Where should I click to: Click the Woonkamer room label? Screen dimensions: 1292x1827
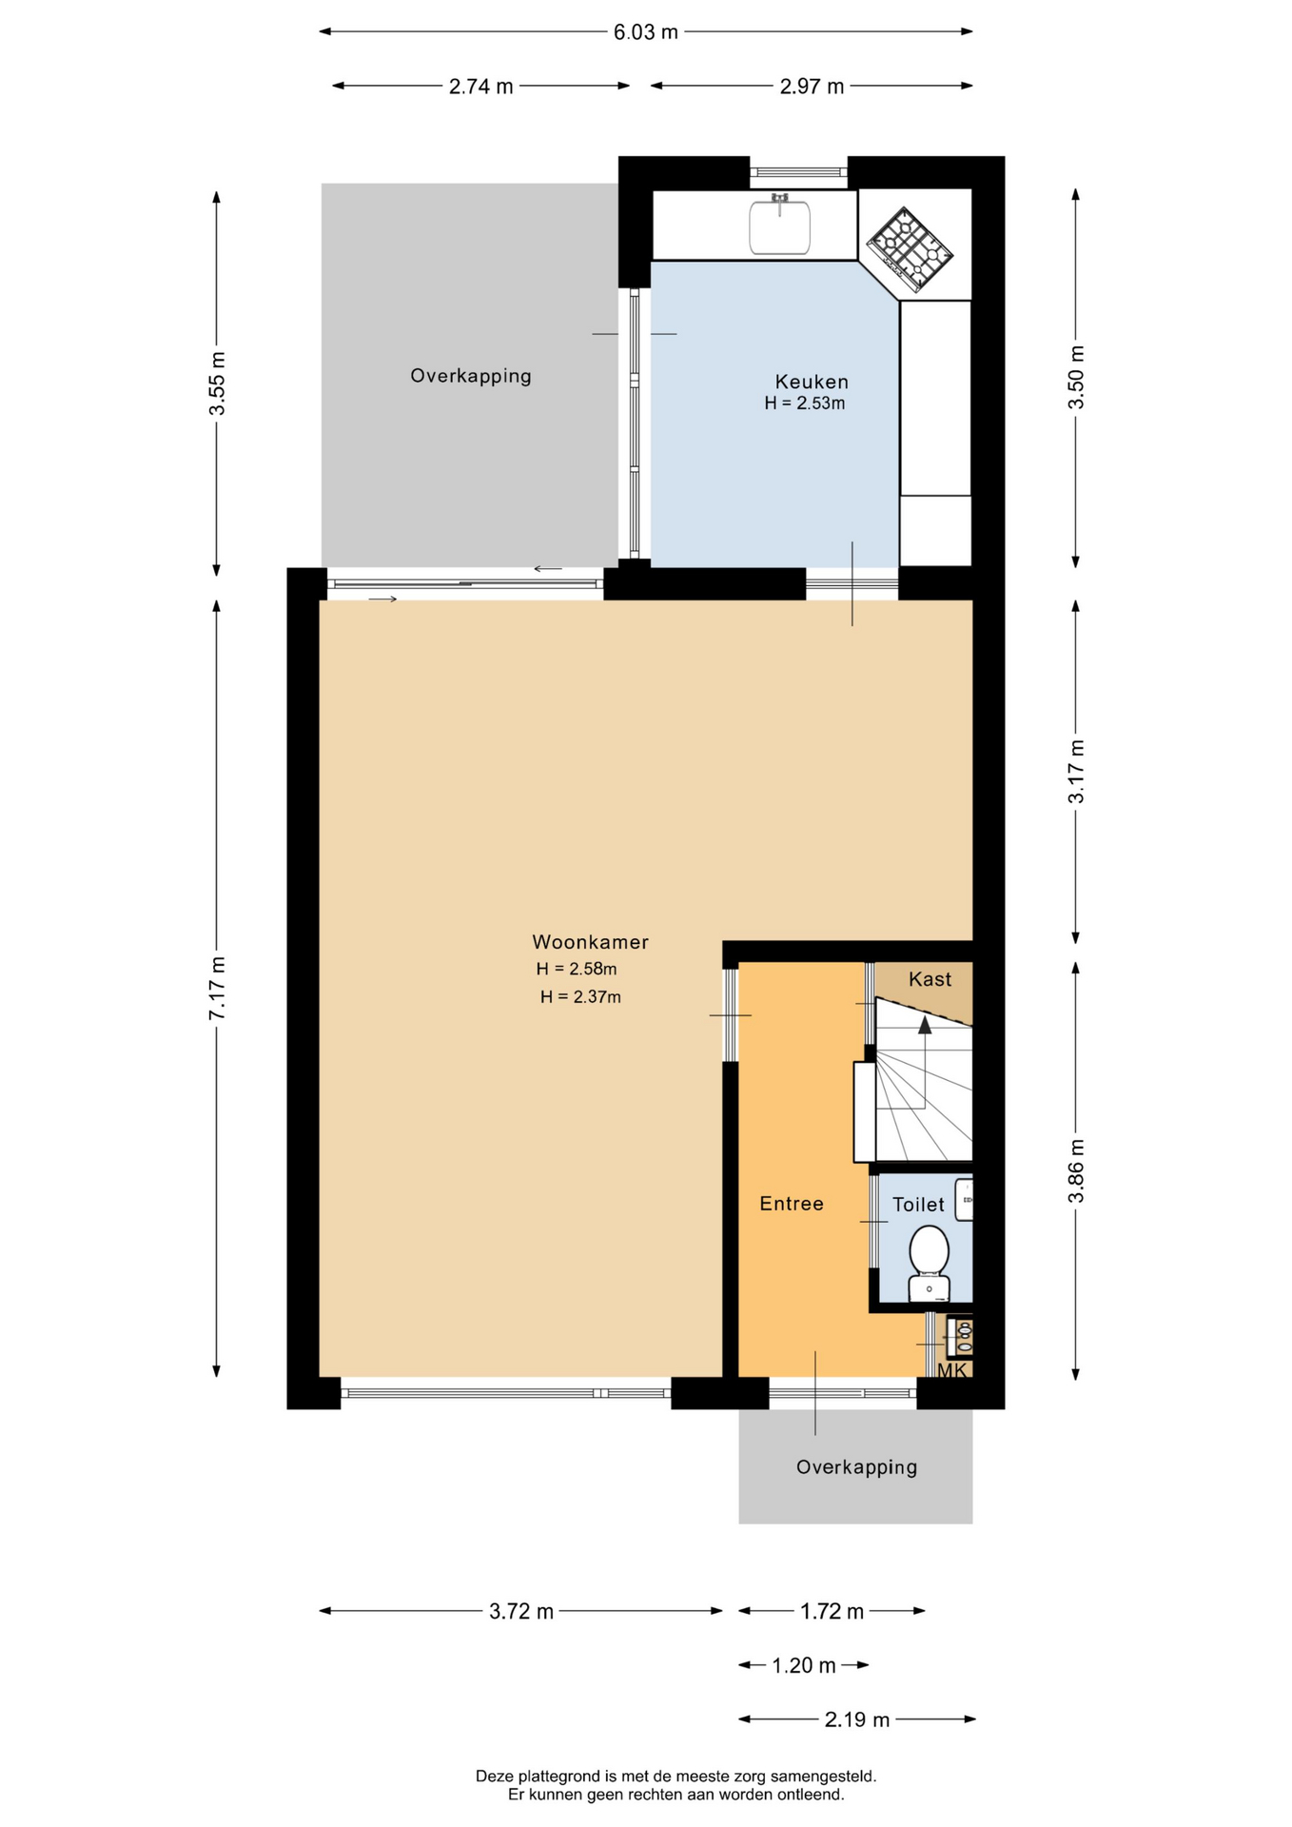[x=590, y=942]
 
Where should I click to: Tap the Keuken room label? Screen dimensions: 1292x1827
[x=812, y=382]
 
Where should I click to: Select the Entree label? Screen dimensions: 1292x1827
[x=792, y=1204]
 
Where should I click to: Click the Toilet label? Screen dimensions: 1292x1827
[x=918, y=1205]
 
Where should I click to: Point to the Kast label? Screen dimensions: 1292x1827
[x=930, y=979]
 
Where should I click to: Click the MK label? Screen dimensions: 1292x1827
[x=952, y=1370]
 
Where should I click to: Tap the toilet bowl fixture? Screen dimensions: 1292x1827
[x=929, y=1263]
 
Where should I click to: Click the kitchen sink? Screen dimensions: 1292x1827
[x=779, y=225]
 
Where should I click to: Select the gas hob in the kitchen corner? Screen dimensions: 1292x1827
[x=910, y=249]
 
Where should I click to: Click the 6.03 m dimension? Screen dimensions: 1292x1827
[x=646, y=31]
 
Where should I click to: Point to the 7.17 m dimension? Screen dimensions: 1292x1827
[x=217, y=988]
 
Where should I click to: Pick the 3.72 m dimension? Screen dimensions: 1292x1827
[x=521, y=1611]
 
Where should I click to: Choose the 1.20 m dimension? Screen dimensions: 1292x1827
[x=804, y=1665]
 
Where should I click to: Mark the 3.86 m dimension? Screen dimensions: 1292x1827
[x=1076, y=1170]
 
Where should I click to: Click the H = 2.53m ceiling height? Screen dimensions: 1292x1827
[x=805, y=403]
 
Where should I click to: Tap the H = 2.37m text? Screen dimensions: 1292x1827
[x=580, y=997]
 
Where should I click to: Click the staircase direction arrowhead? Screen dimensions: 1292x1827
[x=925, y=1024]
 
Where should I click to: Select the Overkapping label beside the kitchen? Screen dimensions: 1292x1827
[x=471, y=376]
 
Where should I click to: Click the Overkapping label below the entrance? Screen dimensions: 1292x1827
[x=857, y=1467]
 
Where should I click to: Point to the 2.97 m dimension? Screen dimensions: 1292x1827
[x=812, y=86]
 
